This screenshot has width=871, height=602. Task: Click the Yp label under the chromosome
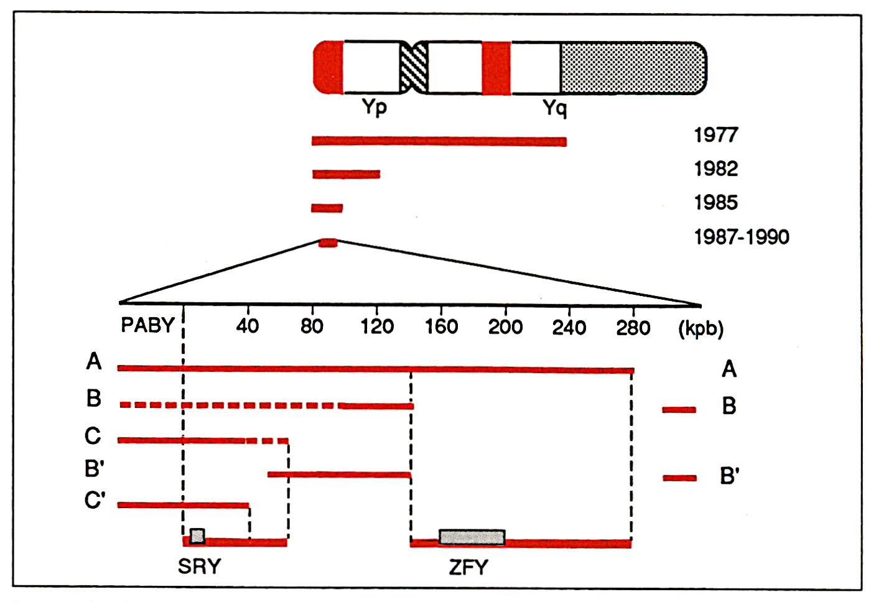coord(375,107)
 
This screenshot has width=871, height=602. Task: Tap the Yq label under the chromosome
coord(555,108)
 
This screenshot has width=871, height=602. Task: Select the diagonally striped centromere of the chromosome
coord(413,67)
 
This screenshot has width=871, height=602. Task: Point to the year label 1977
coord(715,135)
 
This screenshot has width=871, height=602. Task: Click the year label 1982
coord(715,169)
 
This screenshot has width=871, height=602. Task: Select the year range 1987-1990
coord(742,236)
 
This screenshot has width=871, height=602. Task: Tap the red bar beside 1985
coord(327,208)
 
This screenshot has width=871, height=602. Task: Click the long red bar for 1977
coord(439,141)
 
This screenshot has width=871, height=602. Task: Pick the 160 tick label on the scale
coord(441,326)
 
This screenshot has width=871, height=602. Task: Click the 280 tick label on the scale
coord(633,327)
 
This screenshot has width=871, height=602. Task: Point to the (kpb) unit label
coord(701,328)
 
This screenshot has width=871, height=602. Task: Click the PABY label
coord(147,325)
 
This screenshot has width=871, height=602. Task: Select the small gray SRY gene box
coord(197,535)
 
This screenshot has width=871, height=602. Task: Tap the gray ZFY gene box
coord(472,537)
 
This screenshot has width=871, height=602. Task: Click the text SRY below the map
coord(199,567)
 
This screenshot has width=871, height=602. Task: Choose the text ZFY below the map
coord(468,567)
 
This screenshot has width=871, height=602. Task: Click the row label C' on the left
coord(95,500)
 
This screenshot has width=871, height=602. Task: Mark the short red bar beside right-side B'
coord(679,478)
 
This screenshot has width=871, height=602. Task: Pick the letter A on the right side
coord(729,369)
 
